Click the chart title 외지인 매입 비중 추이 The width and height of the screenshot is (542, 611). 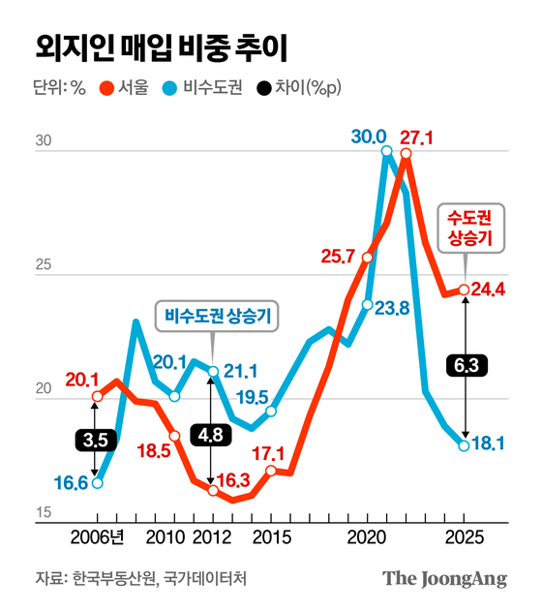pos(161,46)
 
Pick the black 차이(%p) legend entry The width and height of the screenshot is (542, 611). pos(301,88)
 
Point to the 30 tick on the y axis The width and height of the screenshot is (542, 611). pos(44,141)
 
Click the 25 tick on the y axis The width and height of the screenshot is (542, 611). pos(44,263)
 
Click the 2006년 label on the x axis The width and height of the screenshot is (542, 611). pos(96,538)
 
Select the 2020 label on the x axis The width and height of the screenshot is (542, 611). pos(367,538)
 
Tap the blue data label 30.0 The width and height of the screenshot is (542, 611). pos(368,137)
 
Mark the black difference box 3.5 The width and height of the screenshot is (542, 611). pos(96,439)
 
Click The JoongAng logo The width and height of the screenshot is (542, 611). pos(444,579)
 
